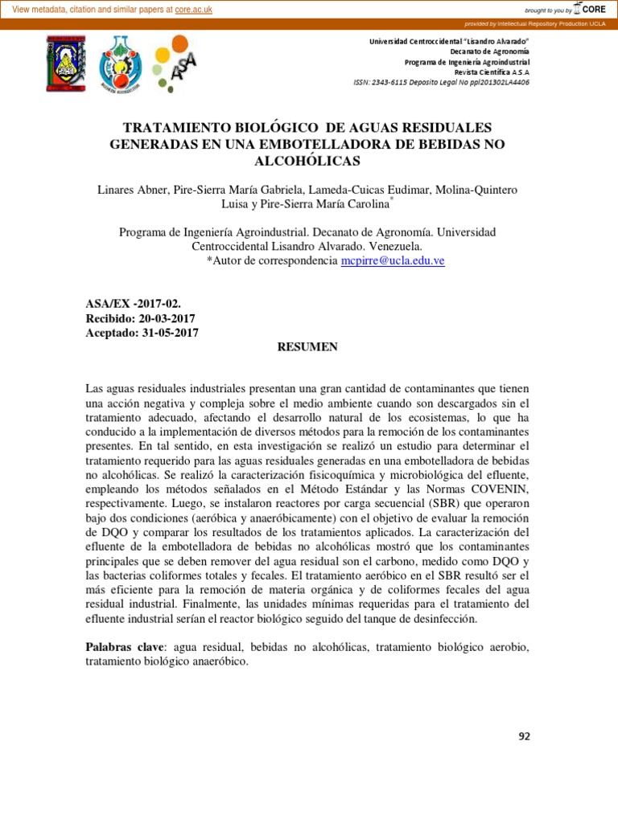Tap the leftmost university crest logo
coord(65,63)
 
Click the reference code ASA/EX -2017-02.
coord(133,304)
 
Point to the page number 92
coord(525,735)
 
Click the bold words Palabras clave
coord(122,647)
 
